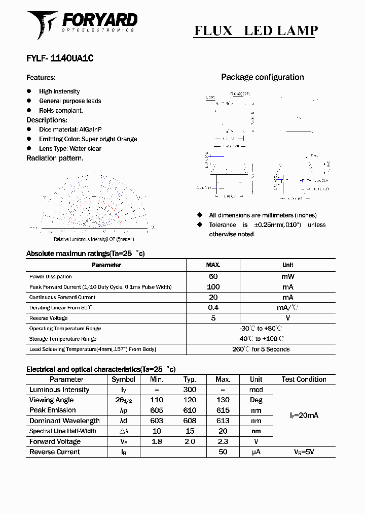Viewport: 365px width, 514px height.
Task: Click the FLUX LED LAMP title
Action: click(256, 30)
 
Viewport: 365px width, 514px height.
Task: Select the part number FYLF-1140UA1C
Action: click(60, 58)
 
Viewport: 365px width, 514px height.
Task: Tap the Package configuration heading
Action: click(262, 77)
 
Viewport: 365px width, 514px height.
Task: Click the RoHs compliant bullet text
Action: click(61, 110)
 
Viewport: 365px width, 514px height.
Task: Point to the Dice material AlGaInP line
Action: click(70, 130)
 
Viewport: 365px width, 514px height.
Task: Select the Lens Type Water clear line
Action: click(70, 149)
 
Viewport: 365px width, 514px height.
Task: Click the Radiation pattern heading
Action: click(55, 158)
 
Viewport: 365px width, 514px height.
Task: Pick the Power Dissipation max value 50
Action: click(213, 276)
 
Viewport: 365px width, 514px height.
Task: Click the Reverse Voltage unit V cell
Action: click(287, 318)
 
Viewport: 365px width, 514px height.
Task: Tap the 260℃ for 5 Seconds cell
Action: click(261, 349)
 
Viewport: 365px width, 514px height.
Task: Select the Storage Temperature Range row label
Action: click(63, 339)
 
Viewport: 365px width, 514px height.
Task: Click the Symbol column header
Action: click(123, 379)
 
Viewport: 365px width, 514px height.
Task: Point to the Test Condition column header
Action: click(304, 379)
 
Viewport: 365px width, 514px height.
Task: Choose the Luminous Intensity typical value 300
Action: click(190, 390)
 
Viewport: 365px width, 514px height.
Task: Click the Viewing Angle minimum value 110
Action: click(157, 400)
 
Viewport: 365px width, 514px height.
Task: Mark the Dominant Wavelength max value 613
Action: click(223, 421)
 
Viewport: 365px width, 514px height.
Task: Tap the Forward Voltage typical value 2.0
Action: click(190, 441)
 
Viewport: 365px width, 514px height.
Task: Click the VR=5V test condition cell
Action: click(304, 452)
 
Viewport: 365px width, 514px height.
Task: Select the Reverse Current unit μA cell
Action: click(256, 452)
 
